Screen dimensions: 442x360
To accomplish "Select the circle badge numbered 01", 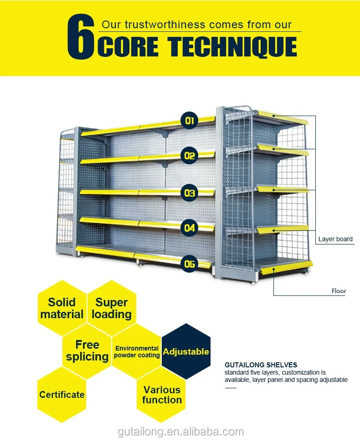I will pos(190,121).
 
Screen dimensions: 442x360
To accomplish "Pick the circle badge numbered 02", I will pos(190,156).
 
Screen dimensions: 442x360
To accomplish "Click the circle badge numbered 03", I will pos(190,193).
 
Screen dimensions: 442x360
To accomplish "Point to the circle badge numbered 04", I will pos(190,228).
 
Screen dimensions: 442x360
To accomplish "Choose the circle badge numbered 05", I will pos(190,264).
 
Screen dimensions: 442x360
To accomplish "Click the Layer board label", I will pos(335,239).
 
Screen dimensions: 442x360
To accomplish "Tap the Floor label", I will pos(339,291).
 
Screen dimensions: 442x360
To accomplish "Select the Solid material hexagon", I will pos(62,308).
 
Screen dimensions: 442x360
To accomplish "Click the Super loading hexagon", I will pos(112,308).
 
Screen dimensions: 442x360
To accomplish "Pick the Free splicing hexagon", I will pos(87,351).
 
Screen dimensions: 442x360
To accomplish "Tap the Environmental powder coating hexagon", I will pos(137,351).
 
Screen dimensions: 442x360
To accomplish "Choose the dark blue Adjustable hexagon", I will pos(186,351).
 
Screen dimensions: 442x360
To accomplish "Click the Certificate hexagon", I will pos(62,395).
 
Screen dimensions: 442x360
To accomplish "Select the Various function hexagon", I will pos(162,395).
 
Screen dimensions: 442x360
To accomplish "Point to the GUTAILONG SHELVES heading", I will pos(261,365).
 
